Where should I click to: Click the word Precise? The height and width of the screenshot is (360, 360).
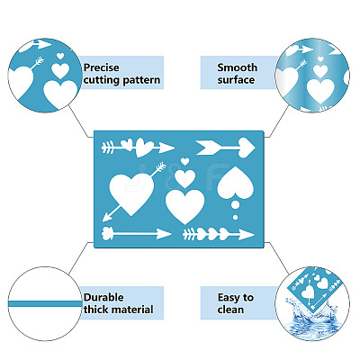pos(102,67)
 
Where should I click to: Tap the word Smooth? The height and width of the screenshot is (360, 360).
pos(238,67)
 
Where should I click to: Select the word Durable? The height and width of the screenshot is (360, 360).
pos(103,297)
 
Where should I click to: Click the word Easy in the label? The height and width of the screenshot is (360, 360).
pos(229,298)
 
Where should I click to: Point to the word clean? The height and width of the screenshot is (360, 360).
pos(230,310)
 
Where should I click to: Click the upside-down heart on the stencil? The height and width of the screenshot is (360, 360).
pos(236,184)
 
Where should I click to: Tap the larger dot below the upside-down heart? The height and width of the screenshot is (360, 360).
pos(236,205)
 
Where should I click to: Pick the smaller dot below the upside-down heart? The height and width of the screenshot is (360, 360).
pos(236,217)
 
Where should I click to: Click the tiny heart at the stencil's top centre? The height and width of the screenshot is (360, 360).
pos(185,161)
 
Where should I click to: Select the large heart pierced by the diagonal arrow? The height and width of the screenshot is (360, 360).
pos(131,193)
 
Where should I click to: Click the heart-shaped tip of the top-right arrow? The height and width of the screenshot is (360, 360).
pos(247,148)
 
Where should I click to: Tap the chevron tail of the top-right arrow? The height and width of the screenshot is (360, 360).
pos(208,148)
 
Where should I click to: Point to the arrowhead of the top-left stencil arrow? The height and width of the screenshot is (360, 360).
pos(166,148)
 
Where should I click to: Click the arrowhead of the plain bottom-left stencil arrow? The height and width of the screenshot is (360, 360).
pos(164,234)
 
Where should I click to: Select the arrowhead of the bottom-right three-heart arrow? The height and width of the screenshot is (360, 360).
pos(247,235)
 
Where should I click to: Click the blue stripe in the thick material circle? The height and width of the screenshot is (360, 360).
pos(45,304)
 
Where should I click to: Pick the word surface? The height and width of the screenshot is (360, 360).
pos(236,80)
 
